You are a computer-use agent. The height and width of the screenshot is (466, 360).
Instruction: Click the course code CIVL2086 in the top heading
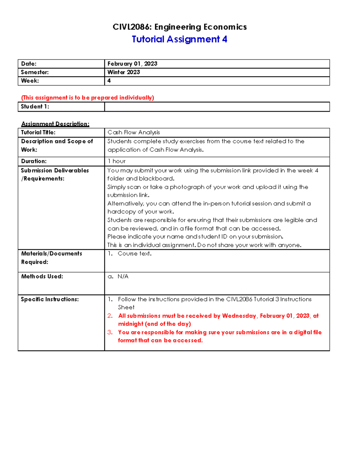pyautogui.click(x=132, y=27)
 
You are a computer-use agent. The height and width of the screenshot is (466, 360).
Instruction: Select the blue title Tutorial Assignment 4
pyautogui.click(x=179, y=39)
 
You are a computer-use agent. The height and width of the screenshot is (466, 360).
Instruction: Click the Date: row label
pyautogui.click(x=29, y=64)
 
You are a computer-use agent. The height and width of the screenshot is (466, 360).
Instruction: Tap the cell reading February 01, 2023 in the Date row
pyautogui.click(x=132, y=64)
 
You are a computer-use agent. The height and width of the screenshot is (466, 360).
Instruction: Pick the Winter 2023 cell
pyautogui.click(x=124, y=72)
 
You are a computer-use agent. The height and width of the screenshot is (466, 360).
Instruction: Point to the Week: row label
pyautogui.click(x=30, y=81)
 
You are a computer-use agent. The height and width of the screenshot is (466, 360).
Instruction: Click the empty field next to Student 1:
pyautogui.click(x=217, y=107)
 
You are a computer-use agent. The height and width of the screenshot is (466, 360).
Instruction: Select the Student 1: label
pyautogui.click(x=35, y=107)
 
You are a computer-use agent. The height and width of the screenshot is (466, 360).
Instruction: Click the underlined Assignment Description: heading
pyautogui.click(x=55, y=124)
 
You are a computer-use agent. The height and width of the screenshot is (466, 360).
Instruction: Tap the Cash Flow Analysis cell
pyautogui.click(x=134, y=132)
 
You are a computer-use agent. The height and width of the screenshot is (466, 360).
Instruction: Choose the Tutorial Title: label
pyautogui.click(x=38, y=132)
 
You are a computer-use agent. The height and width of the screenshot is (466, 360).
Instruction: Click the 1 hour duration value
pyautogui.click(x=116, y=161)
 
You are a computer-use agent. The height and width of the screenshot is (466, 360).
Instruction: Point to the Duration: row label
pyautogui.click(x=34, y=161)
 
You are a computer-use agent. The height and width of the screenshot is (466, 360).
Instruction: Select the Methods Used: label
pyautogui.click(x=42, y=276)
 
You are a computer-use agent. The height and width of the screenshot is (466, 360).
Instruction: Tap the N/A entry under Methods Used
pyautogui.click(x=123, y=276)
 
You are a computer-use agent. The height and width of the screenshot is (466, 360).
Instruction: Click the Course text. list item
pyautogui.click(x=134, y=254)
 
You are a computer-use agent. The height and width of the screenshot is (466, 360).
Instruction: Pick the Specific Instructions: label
pyautogui.click(x=50, y=299)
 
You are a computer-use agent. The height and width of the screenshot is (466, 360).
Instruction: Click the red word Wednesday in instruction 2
pyautogui.click(x=239, y=316)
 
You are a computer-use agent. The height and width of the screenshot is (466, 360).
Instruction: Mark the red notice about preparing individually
pyautogui.click(x=88, y=98)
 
